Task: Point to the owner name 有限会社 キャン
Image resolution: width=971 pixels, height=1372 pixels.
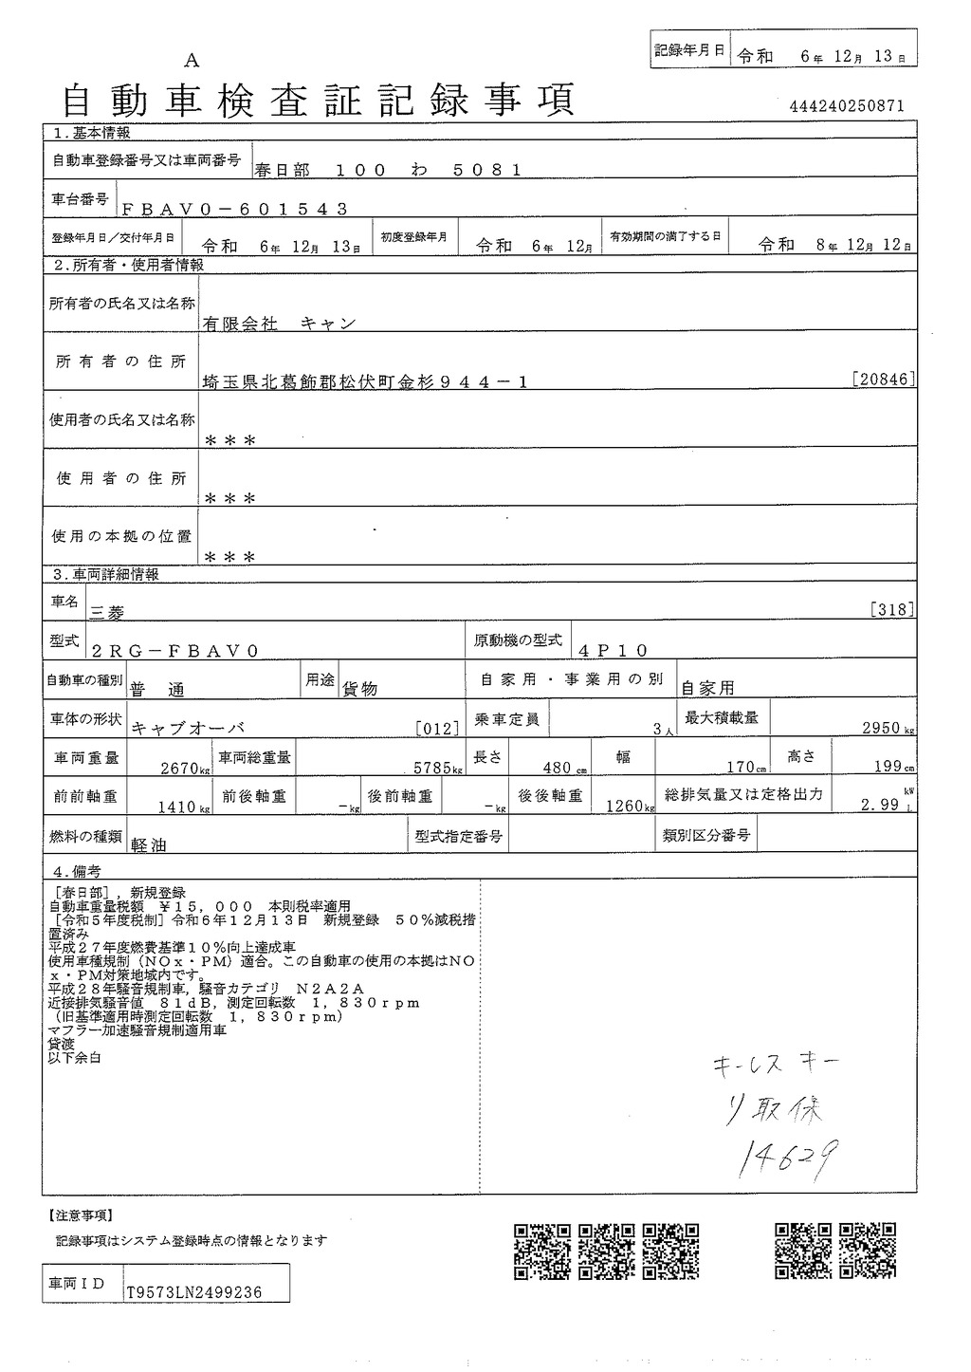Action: tap(279, 324)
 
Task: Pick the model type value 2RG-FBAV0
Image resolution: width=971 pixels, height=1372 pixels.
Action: tap(175, 651)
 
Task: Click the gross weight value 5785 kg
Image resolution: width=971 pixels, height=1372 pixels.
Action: tap(433, 768)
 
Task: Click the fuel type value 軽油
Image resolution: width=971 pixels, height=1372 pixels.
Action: tap(150, 844)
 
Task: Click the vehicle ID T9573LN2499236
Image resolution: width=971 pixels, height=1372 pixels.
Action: tap(194, 1292)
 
